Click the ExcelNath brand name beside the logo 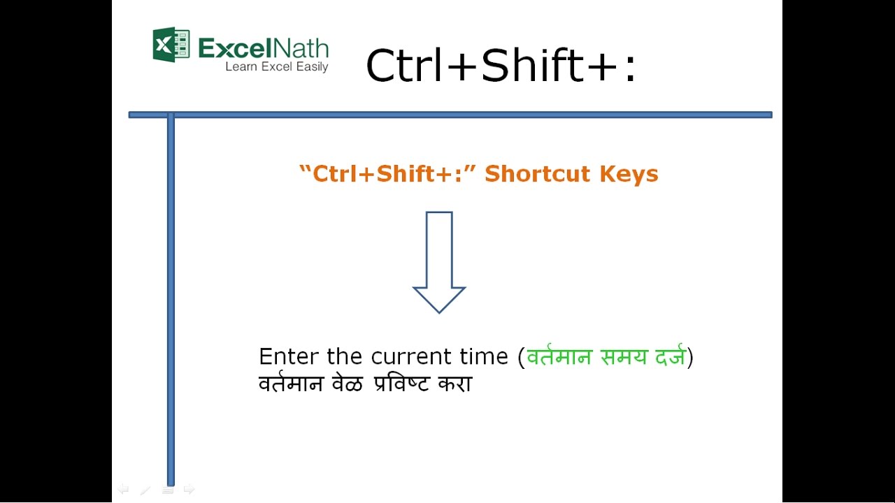click(264, 48)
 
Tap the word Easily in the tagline click(311, 67)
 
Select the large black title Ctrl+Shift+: click(501, 66)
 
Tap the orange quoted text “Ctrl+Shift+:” click(387, 173)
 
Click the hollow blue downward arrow click(439, 262)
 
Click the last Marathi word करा click(455, 384)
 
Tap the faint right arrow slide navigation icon click(189, 490)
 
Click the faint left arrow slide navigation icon click(123, 490)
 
